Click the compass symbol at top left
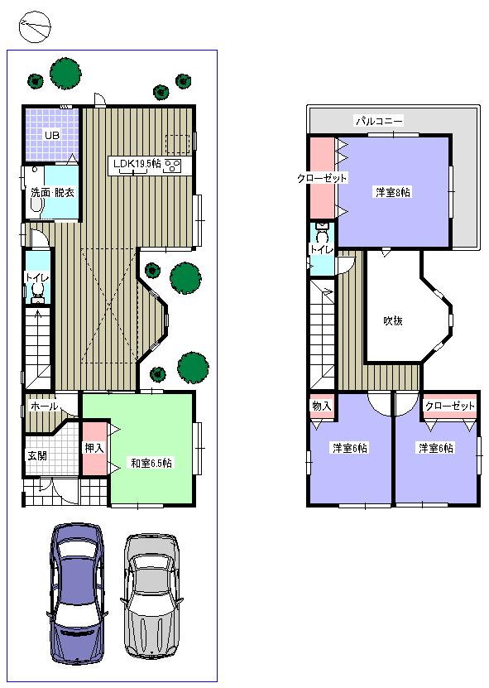click(x=34, y=28)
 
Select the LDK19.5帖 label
click(x=137, y=164)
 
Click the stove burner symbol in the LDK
click(x=173, y=166)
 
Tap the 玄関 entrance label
click(x=37, y=455)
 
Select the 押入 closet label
click(x=93, y=448)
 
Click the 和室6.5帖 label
click(x=151, y=462)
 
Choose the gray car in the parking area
click(x=152, y=594)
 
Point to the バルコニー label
click(x=379, y=121)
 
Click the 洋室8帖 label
click(x=393, y=192)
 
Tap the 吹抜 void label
click(x=393, y=320)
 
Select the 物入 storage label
click(x=321, y=406)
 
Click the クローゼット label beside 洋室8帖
click(x=322, y=178)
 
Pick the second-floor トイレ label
click(x=321, y=248)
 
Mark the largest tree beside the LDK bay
click(x=185, y=277)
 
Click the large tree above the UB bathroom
click(x=65, y=72)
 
